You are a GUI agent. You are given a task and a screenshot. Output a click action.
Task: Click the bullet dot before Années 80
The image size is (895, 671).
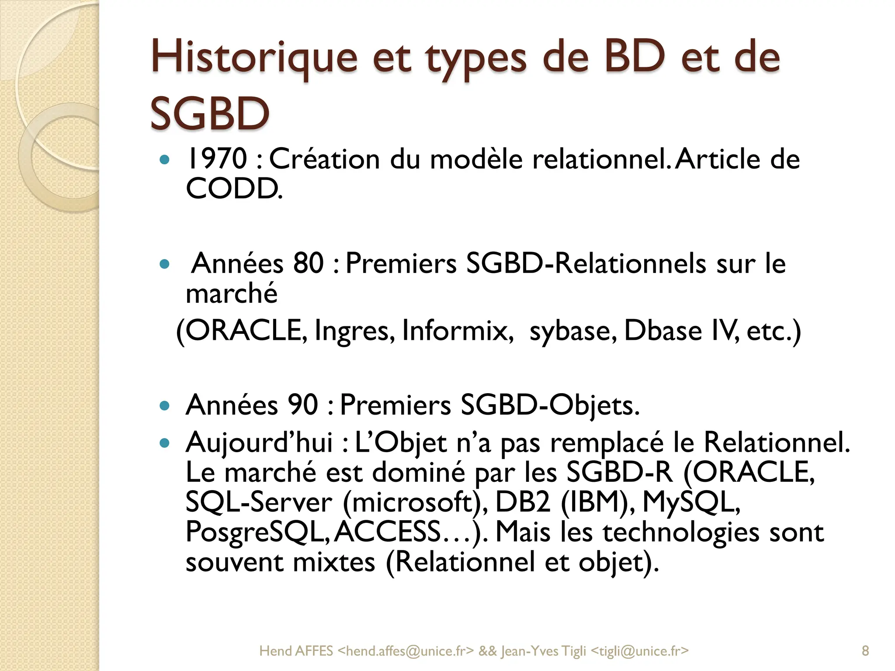(x=164, y=264)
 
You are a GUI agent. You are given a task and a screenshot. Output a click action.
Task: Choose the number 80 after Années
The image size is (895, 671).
(x=308, y=263)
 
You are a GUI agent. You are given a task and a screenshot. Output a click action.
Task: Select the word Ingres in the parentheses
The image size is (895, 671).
(x=354, y=331)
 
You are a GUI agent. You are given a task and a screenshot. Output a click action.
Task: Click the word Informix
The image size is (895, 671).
(x=457, y=331)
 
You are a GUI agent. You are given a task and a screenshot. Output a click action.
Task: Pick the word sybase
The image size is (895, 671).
(x=573, y=331)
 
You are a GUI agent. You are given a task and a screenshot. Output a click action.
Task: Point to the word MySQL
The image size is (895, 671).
(x=691, y=502)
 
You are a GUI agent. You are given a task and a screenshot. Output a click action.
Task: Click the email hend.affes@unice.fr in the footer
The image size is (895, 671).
(x=406, y=651)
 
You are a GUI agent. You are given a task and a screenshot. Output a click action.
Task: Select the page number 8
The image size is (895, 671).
(x=865, y=651)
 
